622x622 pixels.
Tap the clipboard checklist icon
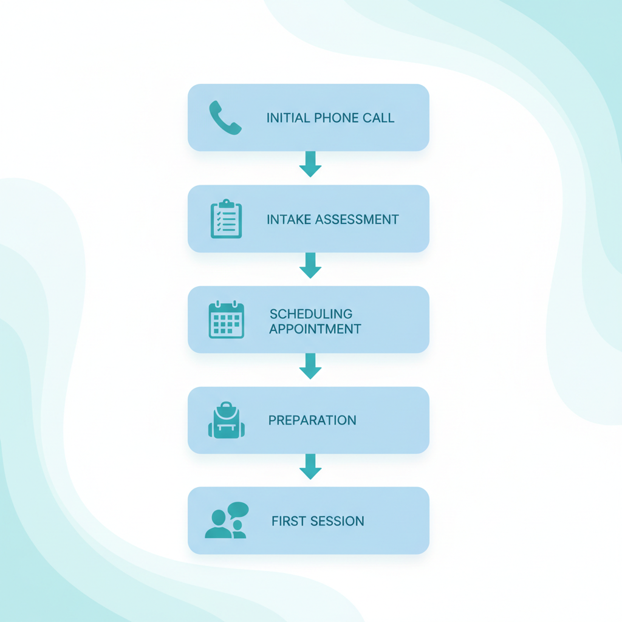click(226, 219)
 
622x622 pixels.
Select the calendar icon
click(226, 320)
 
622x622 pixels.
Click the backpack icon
click(227, 420)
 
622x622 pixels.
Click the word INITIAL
click(288, 118)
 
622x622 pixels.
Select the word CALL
click(378, 118)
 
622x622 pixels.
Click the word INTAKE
click(289, 219)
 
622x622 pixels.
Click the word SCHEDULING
click(311, 314)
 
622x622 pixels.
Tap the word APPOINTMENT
click(315, 329)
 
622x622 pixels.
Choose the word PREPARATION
click(312, 420)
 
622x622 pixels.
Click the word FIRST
click(289, 521)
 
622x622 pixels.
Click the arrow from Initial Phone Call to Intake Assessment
click(310, 164)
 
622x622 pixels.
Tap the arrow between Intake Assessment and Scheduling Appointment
click(310, 265)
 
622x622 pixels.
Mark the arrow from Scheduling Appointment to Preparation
click(310, 366)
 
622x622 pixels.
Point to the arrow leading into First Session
click(310, 466)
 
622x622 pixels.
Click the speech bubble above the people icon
click(238, 509)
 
